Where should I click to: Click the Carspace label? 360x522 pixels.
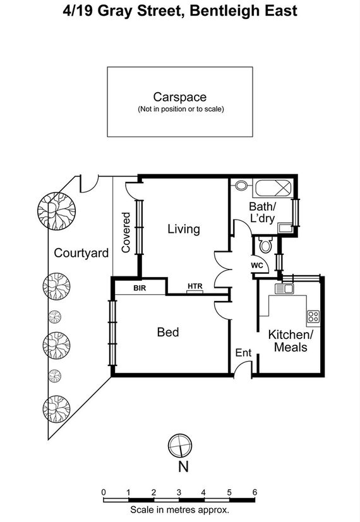[180, 97]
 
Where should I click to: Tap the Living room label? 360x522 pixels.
[184, 229]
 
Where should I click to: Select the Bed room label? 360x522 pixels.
[168, 332]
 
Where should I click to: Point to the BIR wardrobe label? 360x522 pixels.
[140, 288]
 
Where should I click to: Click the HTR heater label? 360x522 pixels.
[195, 286]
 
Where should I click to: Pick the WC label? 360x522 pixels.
[257, 265]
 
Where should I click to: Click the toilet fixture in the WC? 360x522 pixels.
[265, 245]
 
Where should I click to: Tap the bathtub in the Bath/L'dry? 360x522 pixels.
[273, 188]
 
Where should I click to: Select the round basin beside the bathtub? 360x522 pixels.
[241, 185]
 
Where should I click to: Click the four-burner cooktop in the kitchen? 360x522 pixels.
[313, 316]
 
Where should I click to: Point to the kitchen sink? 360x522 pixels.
[284, 288]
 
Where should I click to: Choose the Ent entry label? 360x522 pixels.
[243, 353]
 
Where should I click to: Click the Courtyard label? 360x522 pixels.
[81, 253]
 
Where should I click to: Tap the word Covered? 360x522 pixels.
[126, 232]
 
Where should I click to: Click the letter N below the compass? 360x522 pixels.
[184, 466]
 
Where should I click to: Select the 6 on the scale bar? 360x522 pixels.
[255, 492]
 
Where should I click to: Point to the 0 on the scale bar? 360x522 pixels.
[104, 492]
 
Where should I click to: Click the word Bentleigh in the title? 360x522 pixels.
[225, 11]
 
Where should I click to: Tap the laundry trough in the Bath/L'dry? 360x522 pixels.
[285, 228]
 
